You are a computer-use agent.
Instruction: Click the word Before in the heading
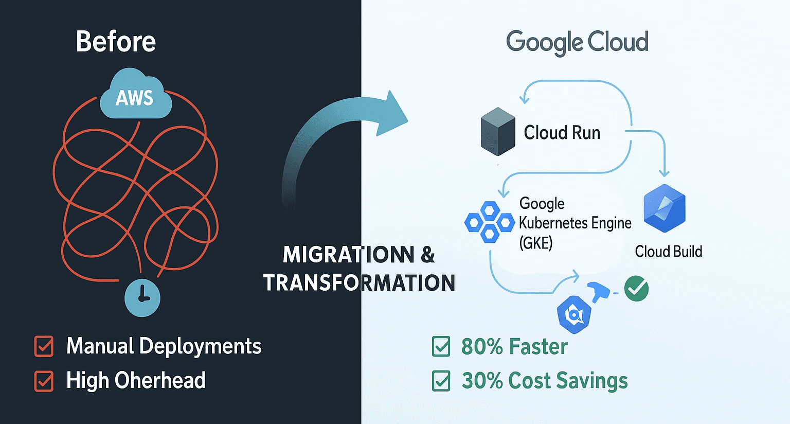(116, 42)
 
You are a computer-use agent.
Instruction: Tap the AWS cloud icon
(135, 96)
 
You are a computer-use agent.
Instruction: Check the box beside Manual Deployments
(44, 346)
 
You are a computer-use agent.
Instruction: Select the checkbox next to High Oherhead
(44, 381)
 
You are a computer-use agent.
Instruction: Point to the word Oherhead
(160, 381)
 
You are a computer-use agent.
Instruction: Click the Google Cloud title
(577, 42)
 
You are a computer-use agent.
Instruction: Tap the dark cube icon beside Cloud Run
(497, 131)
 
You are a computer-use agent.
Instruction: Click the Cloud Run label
(562, 133)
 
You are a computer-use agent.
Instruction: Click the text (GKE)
(535, 242)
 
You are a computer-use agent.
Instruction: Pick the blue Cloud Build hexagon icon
(665, 208)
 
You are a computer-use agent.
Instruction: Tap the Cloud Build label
(668, 252)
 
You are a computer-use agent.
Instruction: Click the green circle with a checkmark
(636, 289)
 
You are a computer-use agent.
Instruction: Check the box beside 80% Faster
(441, 346)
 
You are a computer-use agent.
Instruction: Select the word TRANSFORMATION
(359, 283)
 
